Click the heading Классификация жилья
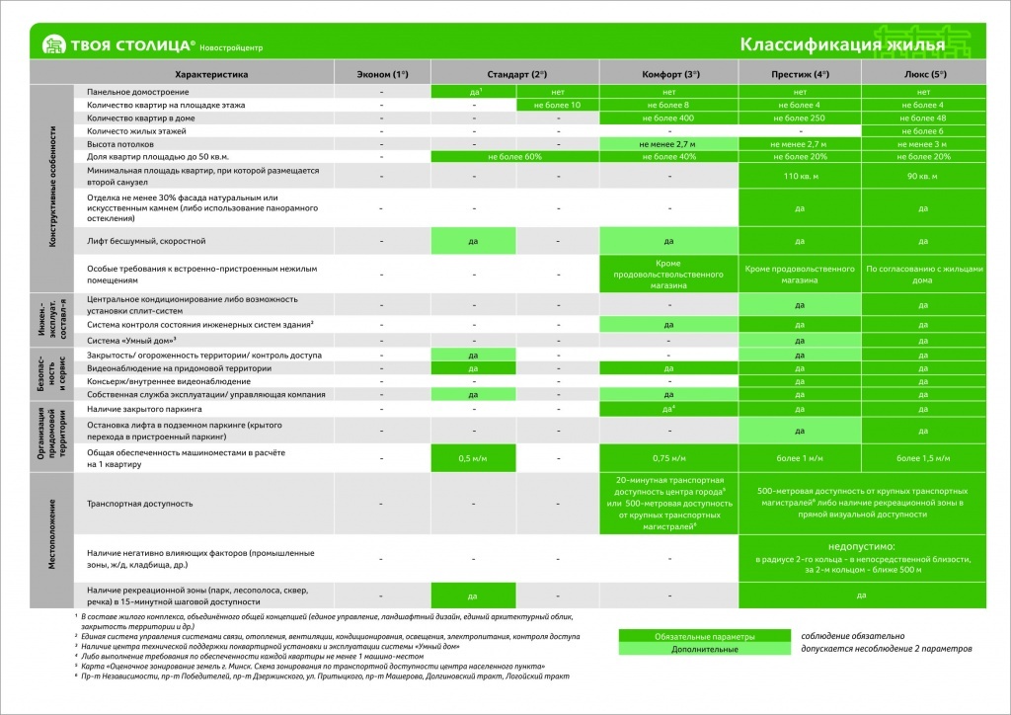[x=842, y=44]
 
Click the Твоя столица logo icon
[x=53, y=44]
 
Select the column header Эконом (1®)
[x=381, y=74]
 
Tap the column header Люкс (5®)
[x=922, y=74]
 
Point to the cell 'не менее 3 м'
[x=922, y=143]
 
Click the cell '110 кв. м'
[x=801, y=176]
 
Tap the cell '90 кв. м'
[x=922, y=176]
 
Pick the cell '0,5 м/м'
[x=473, y=458]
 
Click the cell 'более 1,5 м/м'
[x=922, y=458]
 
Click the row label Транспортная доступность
[x=139, y=504]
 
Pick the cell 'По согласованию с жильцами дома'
[x=922, y=274]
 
